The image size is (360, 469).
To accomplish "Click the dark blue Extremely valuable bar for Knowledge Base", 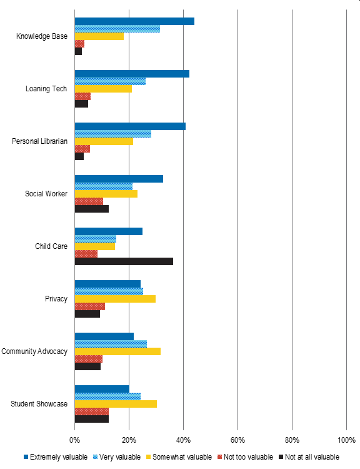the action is coord(134,21).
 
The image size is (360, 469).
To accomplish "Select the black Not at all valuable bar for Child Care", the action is coord(124,261).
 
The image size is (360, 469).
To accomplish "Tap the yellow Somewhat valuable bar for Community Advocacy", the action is coord(117,351).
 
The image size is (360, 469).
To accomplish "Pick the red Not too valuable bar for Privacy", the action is coord(90,306).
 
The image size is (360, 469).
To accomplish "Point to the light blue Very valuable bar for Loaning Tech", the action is coord(110,81).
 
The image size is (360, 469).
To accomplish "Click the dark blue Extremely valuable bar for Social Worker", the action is coord(119,179).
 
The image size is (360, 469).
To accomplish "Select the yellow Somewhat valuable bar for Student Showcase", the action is coord(116,404).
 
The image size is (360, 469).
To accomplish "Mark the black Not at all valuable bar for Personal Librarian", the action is coord(79,156).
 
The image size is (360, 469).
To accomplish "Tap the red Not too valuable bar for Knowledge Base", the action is coord(79,44).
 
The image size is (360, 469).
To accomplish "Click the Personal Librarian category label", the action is coord(40,141).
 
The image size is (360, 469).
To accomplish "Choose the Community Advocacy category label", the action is coord(34,351).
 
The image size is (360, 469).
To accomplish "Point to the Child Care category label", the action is coord(51,246).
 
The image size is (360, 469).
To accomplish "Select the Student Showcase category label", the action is coord(39,404).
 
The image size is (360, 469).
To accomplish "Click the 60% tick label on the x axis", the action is coord(237,440).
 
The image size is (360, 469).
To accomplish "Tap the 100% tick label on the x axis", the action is coord(346,440).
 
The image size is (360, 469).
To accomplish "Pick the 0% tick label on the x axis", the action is coord(75,440).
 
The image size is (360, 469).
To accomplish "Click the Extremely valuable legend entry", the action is coord(56,457).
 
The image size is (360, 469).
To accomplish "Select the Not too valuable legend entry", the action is coord(245,457).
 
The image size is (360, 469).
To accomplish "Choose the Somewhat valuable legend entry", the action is coord(179,457).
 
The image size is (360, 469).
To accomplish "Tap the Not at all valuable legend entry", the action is coord(309,457).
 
